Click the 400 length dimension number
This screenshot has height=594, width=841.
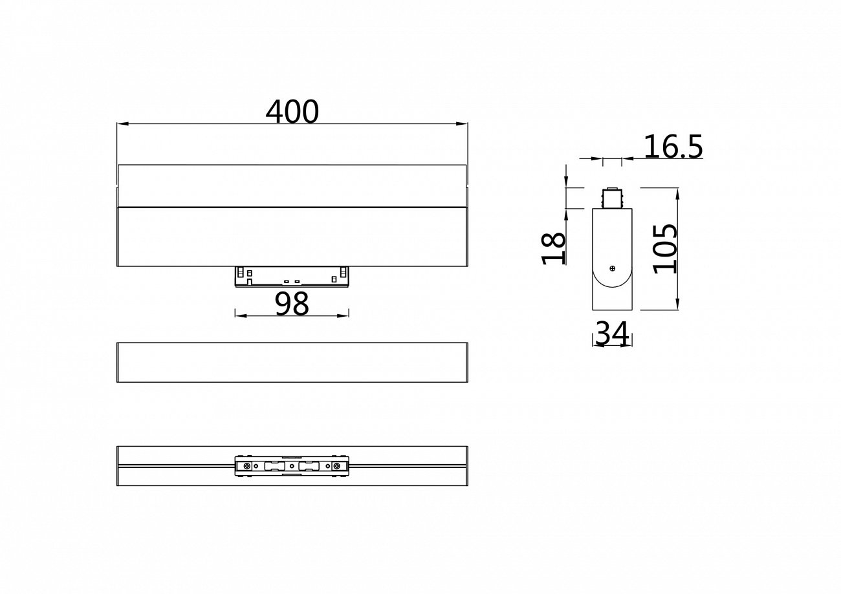(x=292, y=112)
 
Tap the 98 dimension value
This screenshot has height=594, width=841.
(x=292, y=304)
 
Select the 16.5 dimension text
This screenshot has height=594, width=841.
(x=673, y=147)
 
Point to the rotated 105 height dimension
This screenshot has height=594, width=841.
(x=664, y=249)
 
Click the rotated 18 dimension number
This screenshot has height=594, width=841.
(x=554, y=249)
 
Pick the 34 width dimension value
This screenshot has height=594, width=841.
(x=612, y=334)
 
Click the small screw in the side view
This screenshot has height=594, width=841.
(x=612, y=268)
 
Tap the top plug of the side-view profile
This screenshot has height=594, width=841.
(x=612, y=198)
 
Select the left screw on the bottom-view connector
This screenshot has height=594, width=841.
(x=246, y=466)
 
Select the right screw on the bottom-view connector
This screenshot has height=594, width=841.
(x=336, y=466)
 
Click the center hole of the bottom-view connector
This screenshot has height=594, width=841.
(x=292, y=466)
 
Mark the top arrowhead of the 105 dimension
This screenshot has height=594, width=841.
(x=677, y=192)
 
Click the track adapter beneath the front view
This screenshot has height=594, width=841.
(x=292, y=276)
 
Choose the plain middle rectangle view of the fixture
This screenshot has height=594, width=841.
(x=292, y=363)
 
